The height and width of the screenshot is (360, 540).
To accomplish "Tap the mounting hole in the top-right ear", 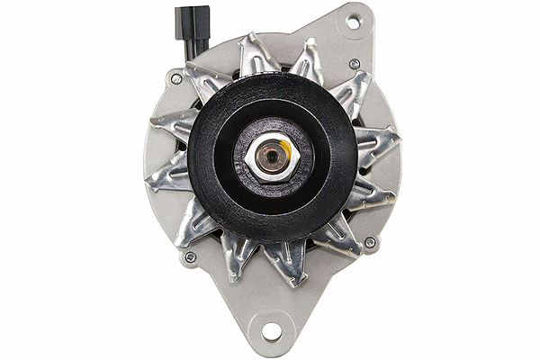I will pyautogui.click(x=352, y=20).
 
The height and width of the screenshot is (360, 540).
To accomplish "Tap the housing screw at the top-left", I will pyautogui.click(x=176, y=79).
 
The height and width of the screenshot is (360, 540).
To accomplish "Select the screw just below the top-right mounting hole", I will pyautogui.click(x=355, y=64).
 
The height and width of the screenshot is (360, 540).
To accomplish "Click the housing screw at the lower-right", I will pyautogui.click(x=369, y=242).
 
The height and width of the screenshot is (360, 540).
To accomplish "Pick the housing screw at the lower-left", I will pyautogui.click(x=190, y=257).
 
